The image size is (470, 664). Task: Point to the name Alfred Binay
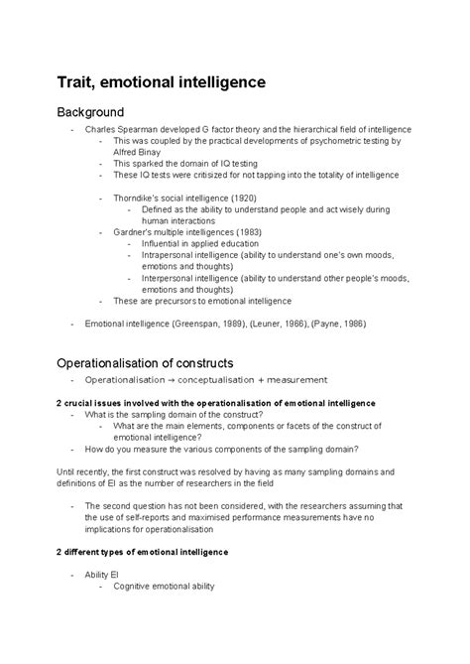(x=139, y=153)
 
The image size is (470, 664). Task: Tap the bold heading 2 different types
(x=143, y=551)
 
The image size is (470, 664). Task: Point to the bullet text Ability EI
(x=101, y=575)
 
